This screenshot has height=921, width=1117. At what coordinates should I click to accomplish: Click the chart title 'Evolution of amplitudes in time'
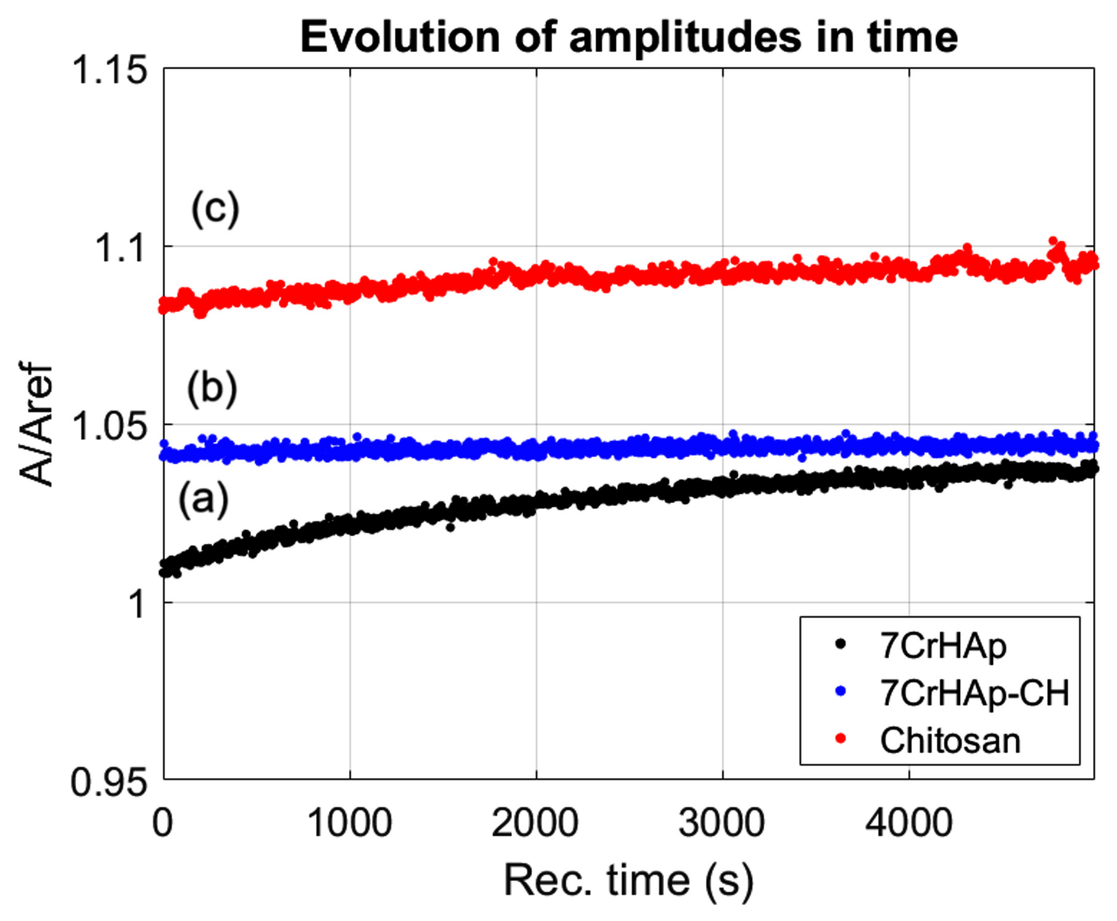629,38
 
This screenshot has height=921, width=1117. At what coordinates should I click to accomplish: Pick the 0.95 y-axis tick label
108,781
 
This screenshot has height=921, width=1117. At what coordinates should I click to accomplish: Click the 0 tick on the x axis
163,822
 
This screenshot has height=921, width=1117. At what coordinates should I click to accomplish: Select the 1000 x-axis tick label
349,822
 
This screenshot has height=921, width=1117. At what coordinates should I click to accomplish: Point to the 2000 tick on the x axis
535,822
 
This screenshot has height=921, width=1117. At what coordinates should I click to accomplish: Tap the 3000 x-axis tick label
722,822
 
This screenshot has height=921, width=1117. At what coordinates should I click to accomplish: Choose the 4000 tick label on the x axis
909,822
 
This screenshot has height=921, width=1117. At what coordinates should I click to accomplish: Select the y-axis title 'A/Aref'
36,424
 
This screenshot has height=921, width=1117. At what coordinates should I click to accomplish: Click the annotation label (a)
204,499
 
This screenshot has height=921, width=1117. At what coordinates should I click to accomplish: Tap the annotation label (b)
212,389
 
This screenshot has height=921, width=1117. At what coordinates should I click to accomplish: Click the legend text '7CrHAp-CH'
975,692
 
